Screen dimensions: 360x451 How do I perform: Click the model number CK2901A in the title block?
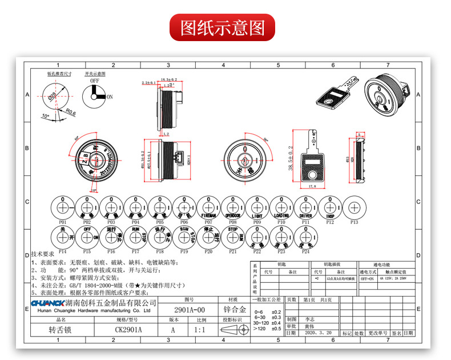tap(128, 330)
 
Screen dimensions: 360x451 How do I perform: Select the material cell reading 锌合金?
tap(232, 310)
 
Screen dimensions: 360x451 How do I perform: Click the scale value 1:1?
tap(200, 330)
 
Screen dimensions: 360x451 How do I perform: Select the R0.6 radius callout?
tap(70, 112)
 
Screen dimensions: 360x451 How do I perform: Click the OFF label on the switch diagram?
tap(95, 81)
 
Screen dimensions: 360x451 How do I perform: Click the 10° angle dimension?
tap(45, 116)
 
